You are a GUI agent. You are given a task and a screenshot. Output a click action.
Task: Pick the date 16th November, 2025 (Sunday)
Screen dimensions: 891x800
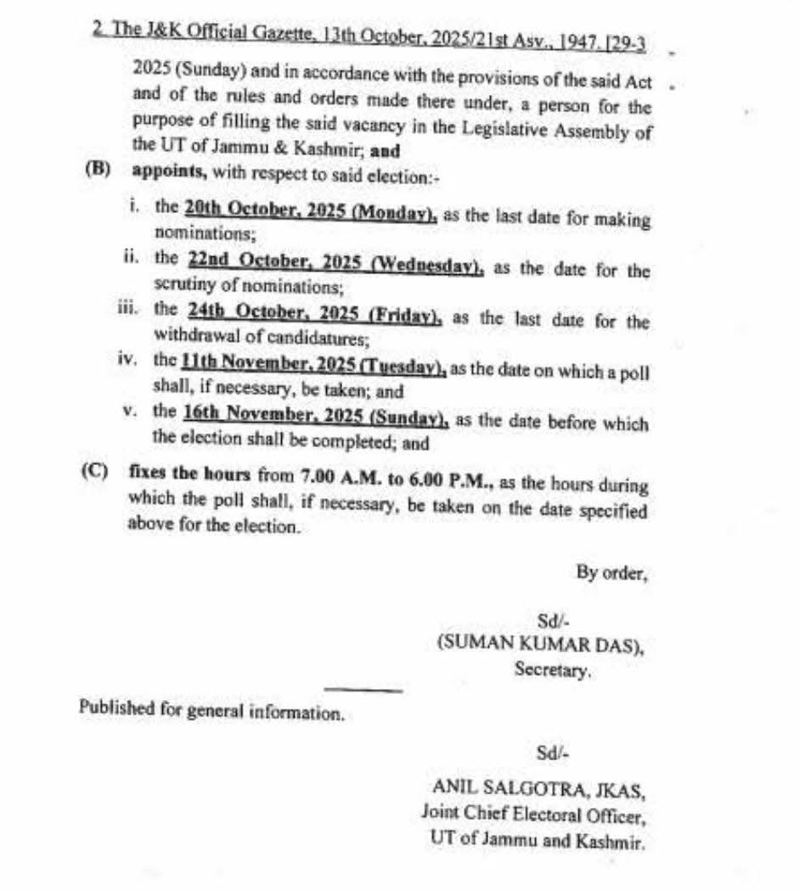tap(315, 417)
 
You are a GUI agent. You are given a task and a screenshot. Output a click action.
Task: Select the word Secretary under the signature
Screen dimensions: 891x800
tap(552, 670)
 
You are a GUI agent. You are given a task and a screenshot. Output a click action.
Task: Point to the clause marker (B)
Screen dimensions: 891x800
tap(98, 167)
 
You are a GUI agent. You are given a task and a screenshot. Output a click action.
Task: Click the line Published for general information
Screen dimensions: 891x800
tap(211, 710)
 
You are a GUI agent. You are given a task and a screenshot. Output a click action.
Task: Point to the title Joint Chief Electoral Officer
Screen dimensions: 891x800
tap(535, 817)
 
